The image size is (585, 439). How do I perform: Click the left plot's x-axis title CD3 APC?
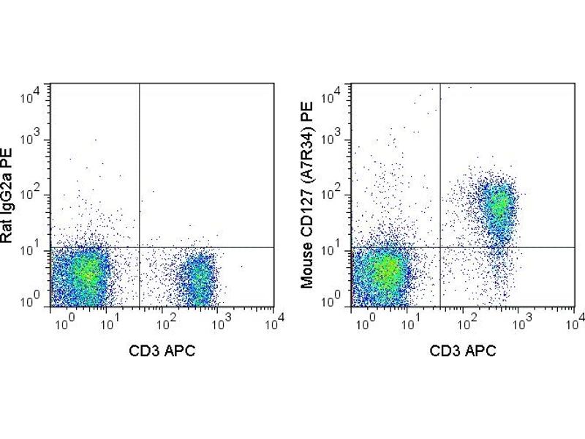tap(162, 350)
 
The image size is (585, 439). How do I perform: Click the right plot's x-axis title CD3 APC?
tap(463, 350)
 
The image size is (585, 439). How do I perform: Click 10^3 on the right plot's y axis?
tap(337, 141)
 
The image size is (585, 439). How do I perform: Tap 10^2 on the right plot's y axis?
tap(337, 195)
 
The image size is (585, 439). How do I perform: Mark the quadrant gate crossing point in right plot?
tap(440, 247)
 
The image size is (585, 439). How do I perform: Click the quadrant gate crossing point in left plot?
tap(139, 247)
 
